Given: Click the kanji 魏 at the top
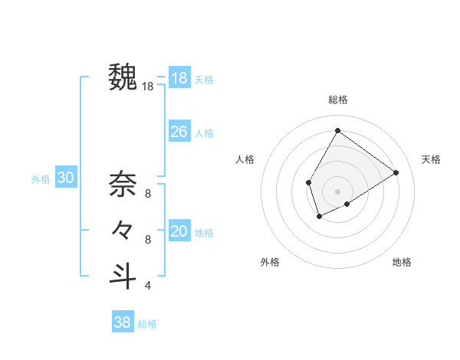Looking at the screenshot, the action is (x=123, y=77).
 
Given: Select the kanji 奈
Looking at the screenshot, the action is (x=123, y=184).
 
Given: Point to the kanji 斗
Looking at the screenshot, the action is (x=123, y=275).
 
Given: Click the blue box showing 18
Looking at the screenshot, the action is (x=179, y=78).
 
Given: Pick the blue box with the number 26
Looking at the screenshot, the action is (x=179, y=132).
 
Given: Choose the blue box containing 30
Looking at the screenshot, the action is (x=66, y=178).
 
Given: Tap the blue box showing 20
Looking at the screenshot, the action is (x=179, y=231).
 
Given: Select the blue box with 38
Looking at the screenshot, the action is (x=123, y=322).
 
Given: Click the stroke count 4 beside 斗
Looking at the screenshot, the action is (x=148, y=286).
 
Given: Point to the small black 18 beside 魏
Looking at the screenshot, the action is (x=148, y=87).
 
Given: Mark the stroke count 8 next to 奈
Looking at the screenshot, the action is (x=148, y=194).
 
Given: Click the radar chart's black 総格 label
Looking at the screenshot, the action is (x=337, y=100).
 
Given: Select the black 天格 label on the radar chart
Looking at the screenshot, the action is (x=431, y=159).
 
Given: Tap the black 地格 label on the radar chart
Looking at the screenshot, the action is (x=402, y=262).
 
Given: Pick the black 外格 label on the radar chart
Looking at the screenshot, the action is (x=270, y=262).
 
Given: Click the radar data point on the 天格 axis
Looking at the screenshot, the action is (x=396, y=172).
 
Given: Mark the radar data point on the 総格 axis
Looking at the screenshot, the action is (x=337, y=131).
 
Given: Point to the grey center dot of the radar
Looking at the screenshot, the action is (x=337, y=191).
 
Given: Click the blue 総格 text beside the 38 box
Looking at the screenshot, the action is (x=147, y=324).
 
